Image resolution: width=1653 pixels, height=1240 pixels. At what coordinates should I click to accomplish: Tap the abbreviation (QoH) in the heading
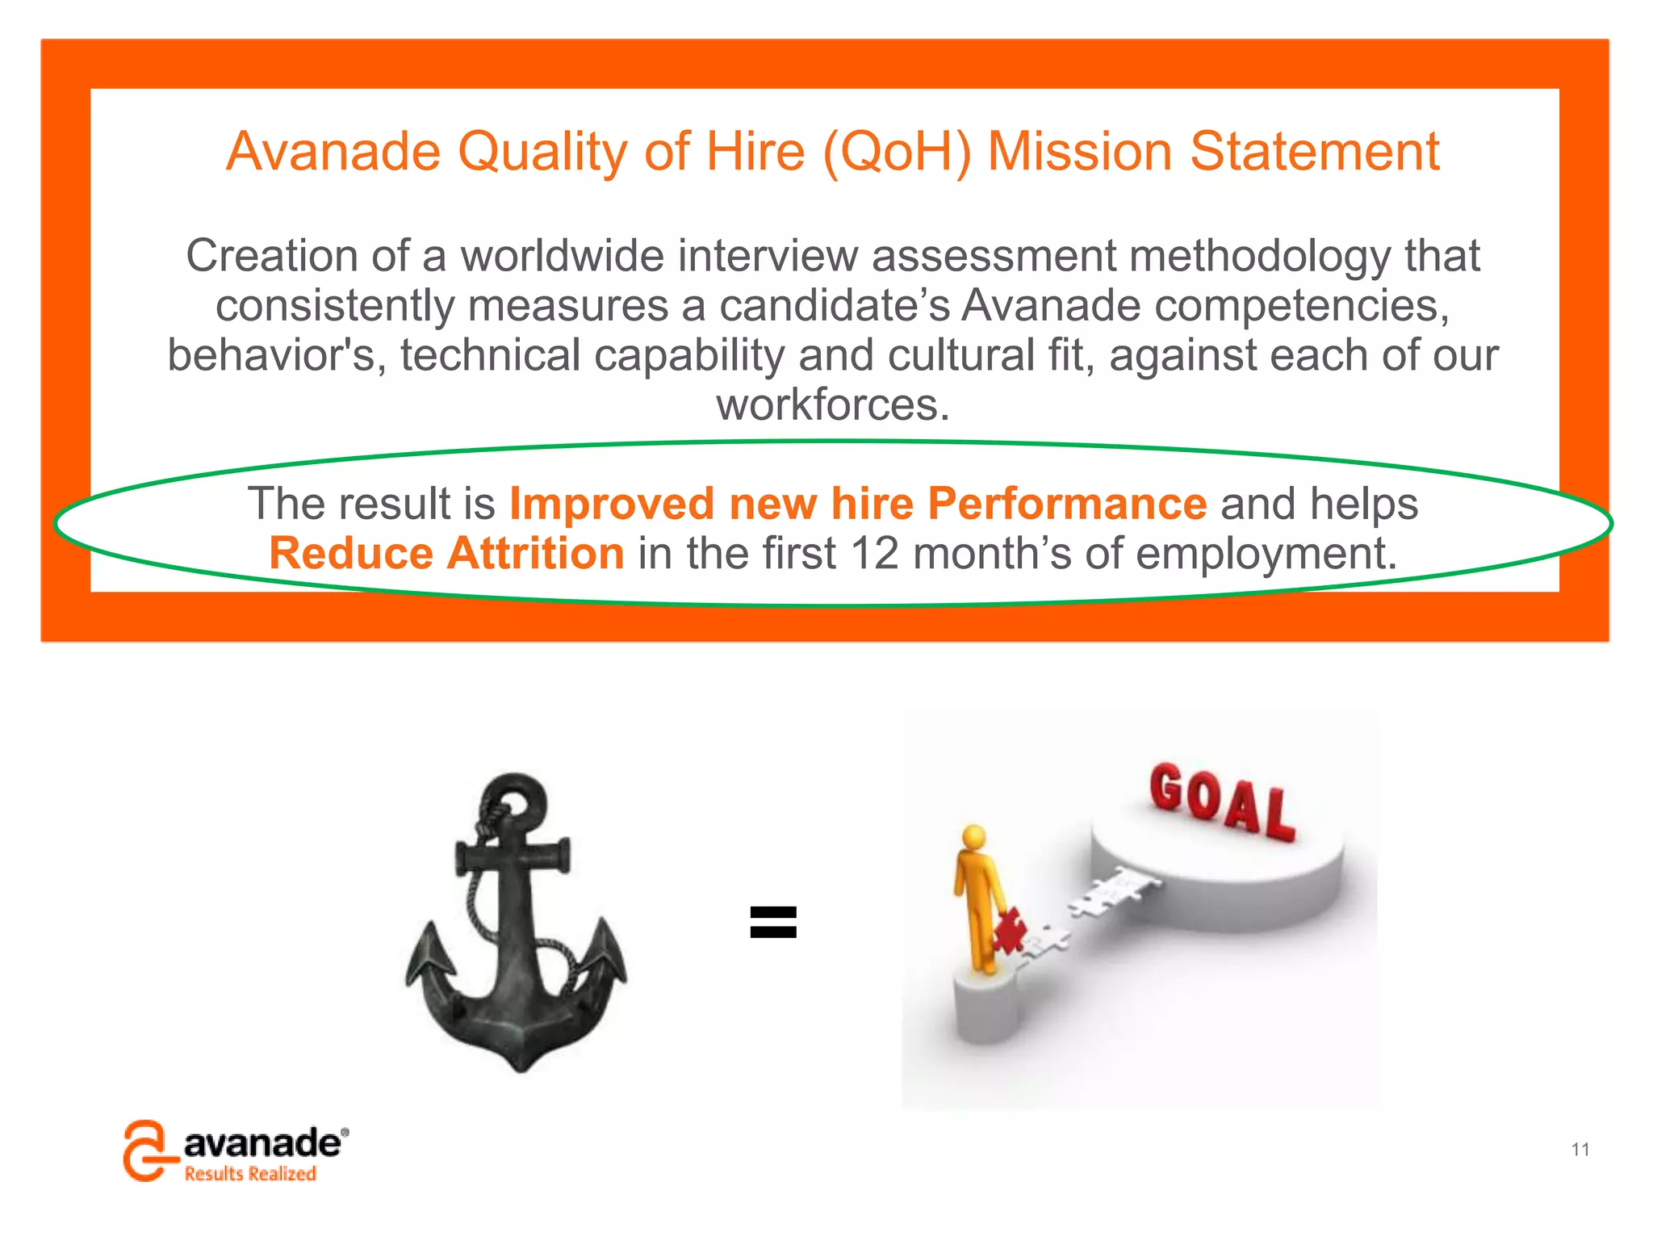pyautogui.click(x=896, y=152)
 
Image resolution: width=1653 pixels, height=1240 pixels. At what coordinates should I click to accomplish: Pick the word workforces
pyautogui.click(x=833, y=404)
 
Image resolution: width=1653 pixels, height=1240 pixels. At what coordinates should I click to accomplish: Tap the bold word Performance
pyautogui.click(x=1067, y=504)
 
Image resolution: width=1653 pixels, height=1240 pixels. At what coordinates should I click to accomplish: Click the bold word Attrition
pyautogui.click(x=535, y=554)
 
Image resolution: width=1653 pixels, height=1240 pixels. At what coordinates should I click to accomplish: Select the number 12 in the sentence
pyautogui.click(x=874, y=554)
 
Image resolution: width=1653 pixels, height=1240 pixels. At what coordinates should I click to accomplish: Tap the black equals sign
pyautogui.click(x=773, y=922)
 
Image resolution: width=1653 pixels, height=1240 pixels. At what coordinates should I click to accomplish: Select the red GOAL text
pyautogui.click(x=1221, y=801)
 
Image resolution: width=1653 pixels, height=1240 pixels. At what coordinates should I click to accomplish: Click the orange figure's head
pyautogui.click(x=974, y=836)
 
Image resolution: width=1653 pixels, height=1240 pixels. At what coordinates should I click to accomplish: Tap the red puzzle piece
pyautogui.click(x=1009, y=931)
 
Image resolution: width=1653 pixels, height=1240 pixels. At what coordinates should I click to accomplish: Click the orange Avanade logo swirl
pyautogui.click(x=145, y=1150)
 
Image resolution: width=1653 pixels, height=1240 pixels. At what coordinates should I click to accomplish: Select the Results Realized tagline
pyautogui.click(x=250, y=1174)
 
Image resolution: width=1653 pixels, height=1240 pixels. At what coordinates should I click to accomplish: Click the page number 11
pyautogui.click(x=1580, y=1149)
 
